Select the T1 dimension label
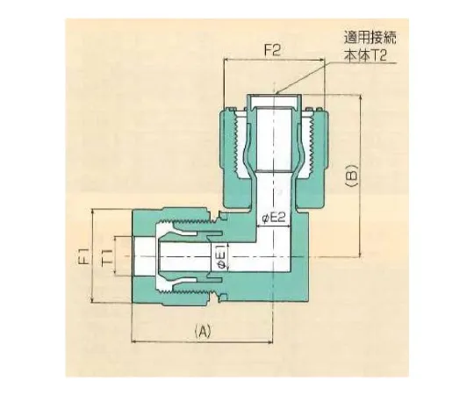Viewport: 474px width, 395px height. coord(105,259)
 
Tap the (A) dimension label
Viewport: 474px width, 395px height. coord(203,332)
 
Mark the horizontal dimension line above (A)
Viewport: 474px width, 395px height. coord(202,341)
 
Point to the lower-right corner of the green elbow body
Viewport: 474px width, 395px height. coord(310,304)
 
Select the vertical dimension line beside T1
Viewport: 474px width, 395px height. coord(115,259)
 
